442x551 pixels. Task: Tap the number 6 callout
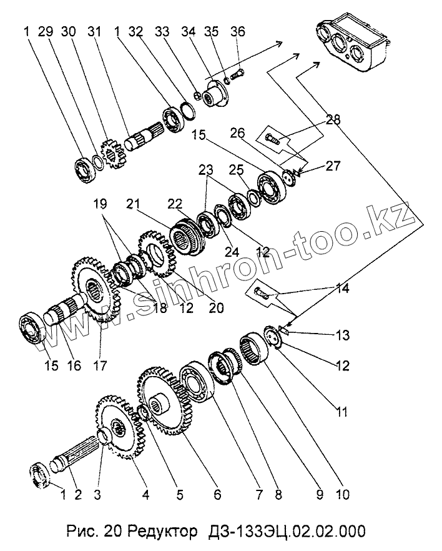click(x=217, y=495)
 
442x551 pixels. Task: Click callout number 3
click(x=97, y=495)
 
